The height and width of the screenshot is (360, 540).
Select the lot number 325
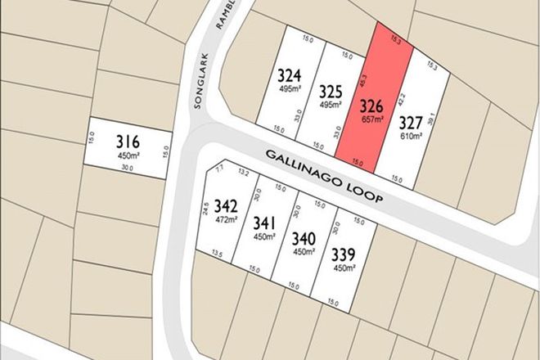tap(331, 91)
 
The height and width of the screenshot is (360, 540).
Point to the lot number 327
tap(410, 123)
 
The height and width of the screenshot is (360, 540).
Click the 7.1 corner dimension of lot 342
tap(219, 169)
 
